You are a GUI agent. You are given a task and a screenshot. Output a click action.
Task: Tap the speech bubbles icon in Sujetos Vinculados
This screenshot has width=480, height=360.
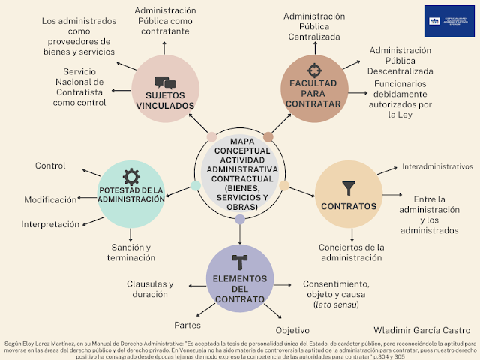pyautogui.click(x=165, y=82)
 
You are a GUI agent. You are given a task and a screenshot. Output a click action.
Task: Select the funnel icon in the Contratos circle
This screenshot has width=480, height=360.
pyautogui.click(x=348, y=188)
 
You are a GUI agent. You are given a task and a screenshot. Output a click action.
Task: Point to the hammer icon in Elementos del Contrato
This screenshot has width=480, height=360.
pyautogui.click(x=239, y=262)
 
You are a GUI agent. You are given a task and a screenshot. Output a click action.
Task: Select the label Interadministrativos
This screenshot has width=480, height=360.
pyautogui.click(x=438, y=166)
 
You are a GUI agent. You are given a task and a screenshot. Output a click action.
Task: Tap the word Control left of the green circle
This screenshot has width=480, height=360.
pyautogui.click(x=50, y=165)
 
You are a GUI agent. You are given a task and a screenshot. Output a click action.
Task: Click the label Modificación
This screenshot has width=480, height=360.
pyautogui.click(x=50, y=200)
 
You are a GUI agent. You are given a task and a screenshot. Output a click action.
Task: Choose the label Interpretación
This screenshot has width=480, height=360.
pyautogui.click(x=50, y=224)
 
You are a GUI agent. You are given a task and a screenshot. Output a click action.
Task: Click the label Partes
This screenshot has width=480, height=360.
pyautogui.click(x=187, y=325)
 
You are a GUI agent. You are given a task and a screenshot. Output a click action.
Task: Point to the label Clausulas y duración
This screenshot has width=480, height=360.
pyautogui.click(x=150, y=289)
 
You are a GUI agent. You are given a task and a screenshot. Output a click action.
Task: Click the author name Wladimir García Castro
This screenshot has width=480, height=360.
pyautogui.click(x=421, y=329)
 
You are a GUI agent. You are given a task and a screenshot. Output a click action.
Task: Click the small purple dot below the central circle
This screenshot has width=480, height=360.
pyautogui.click(x=240, y=220)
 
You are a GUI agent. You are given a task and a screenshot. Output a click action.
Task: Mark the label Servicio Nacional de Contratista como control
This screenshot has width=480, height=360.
pyautogui.click(x=74, y=86)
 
